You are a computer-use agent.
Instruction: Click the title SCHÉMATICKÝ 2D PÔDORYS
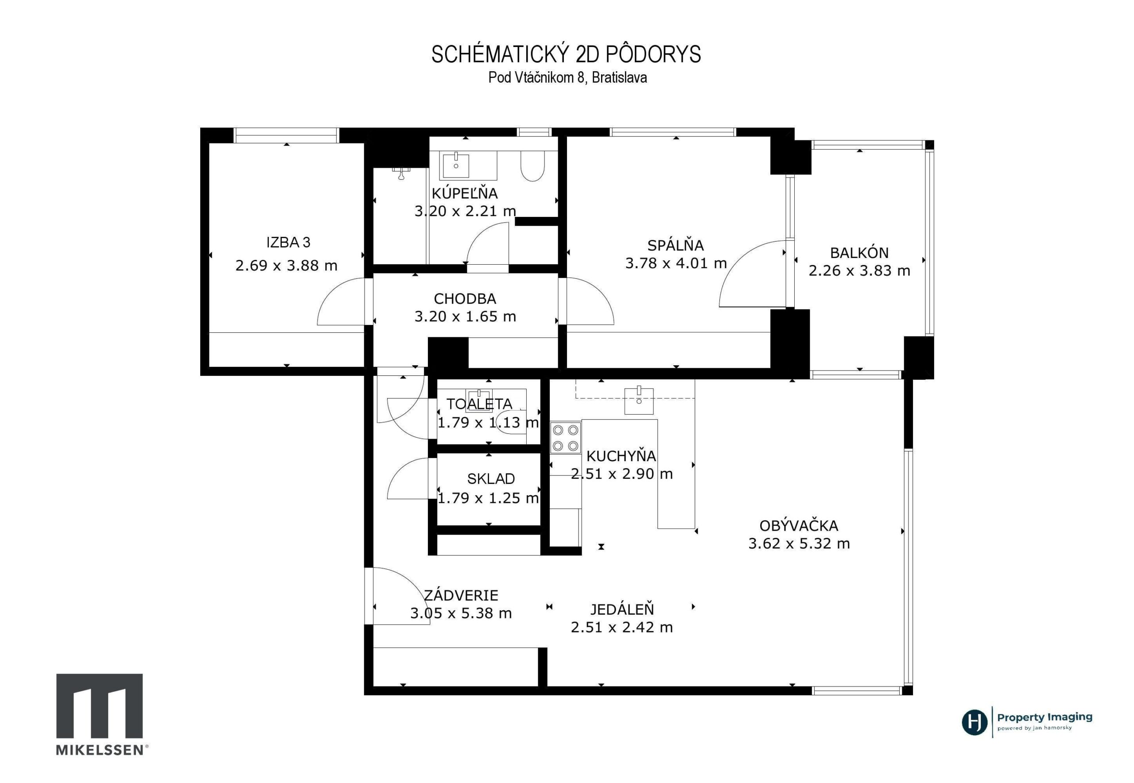pyautogui.click(x=566, y=54)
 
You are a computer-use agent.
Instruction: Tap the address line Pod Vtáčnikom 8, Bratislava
pyautogui.click(x=567, y=77)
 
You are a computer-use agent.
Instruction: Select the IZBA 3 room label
pyautogui.click(x=288, y=243)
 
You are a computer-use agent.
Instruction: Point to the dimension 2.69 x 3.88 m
pyautogui.click(x=286, y=266)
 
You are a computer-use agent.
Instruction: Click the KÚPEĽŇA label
pyautogui.click(x=464, y=193)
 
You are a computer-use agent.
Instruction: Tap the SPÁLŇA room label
pyautogui.click(x=676, y=245)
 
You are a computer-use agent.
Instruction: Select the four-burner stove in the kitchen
pyautogui.click(x=566, y=438)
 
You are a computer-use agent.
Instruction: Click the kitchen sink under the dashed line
pyautogui.click(x=639, y=400)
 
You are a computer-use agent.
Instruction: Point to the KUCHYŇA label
pyautogui.click(x=621, y=456)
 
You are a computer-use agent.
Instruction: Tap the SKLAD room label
pyautogui.click(x=490, y=479)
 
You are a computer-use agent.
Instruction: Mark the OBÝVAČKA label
pyautogui.click(x=799, y=526)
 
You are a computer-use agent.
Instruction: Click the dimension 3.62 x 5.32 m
pyautogui.click(x=799, y=544)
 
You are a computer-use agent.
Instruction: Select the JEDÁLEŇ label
pyautogui.click(x=621, y=609)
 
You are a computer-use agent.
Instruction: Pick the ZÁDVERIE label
pyautogui.click(x=461, y=596)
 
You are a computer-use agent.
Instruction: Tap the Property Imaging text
pyautogui.click(x=1045, y=717)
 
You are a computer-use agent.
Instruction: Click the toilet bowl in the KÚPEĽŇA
pyautogui.click(x=532, y=166)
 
